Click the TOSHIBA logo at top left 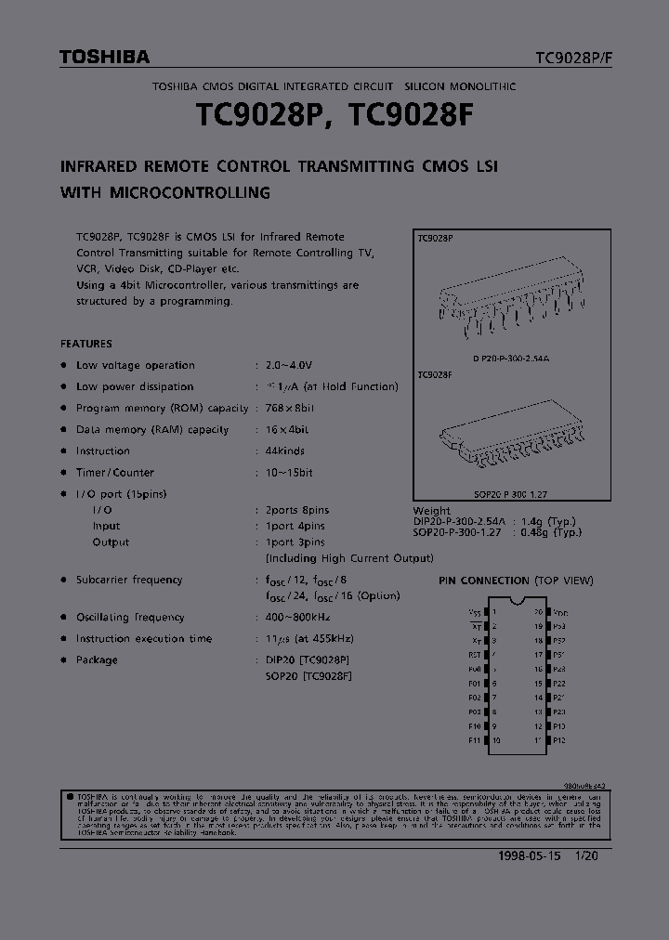(104, 58)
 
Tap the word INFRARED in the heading (98, 167)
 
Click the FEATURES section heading (85, 344)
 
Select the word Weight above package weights (431, 511)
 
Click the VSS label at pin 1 (476, 613)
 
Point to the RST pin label (476, 654)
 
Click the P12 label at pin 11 (558, 740)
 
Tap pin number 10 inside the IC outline (496, 740)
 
